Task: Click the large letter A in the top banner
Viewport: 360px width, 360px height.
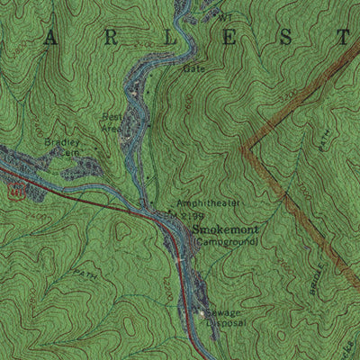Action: (x=50, y=37)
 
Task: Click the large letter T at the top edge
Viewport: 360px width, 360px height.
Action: (x=343, y=37)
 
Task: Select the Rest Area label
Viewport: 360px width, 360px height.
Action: (x=112, y=121)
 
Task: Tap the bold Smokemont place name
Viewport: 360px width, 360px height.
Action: (x=225, y=229)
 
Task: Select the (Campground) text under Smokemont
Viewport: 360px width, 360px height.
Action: (x=225, y=241)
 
